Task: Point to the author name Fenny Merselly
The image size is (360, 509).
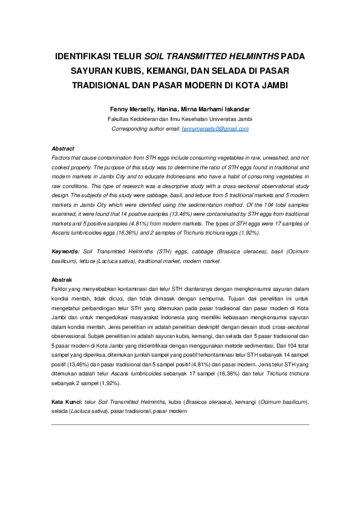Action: [131, 109]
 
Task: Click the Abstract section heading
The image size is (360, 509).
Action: [63, 148]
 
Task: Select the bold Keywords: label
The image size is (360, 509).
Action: [65, 250]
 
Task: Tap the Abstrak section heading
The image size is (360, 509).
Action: [62, 280]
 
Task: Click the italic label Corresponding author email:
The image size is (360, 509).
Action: [146, 129]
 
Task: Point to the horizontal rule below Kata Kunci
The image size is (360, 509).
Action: [180, 424]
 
